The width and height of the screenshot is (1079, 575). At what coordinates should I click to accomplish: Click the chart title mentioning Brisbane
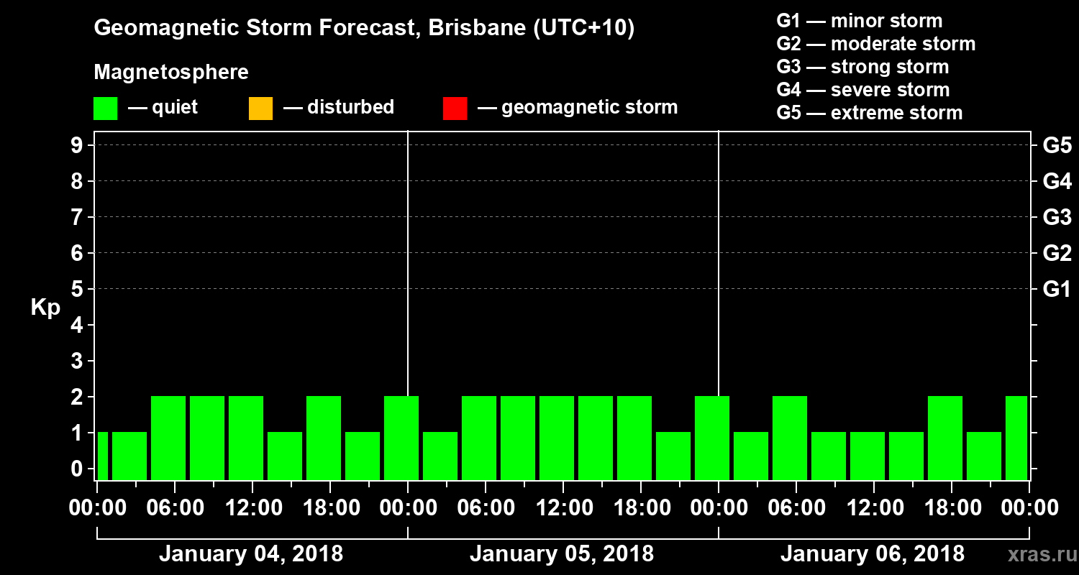364,29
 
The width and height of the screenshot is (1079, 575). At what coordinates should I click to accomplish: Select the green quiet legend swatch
105,109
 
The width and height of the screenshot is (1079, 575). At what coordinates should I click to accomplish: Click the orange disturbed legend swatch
260,109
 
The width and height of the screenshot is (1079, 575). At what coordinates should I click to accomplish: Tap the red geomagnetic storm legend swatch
455,109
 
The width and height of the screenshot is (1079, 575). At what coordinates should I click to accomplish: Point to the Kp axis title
45,308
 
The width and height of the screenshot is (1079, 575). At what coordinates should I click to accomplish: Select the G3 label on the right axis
1057,217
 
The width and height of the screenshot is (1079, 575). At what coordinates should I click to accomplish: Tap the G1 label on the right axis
1057,289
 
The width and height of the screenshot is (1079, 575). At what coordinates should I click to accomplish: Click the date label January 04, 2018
251,554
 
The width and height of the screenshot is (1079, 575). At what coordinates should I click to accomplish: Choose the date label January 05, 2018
562,554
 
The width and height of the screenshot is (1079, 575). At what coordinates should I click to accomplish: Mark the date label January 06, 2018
873,554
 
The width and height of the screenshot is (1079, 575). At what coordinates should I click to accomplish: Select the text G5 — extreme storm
870,113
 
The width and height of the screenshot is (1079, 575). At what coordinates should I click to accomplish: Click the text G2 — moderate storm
876,44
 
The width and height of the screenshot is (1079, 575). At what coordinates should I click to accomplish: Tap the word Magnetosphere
171,73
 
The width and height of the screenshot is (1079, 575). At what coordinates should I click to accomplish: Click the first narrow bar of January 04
102,456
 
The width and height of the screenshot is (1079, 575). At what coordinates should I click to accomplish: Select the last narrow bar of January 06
1016,438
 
